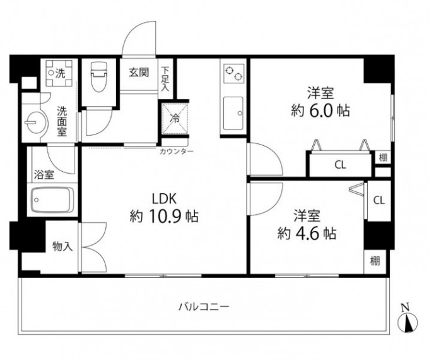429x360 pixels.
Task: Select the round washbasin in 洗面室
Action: [x=32, y=121]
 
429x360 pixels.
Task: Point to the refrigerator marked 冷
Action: [x=175, y=117]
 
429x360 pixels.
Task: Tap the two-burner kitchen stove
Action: [x=233, y=74]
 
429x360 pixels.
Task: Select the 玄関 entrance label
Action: [x=139, y=72]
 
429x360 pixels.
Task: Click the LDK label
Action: [x=162, y=196]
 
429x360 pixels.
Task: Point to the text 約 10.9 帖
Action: [x=164, y=217]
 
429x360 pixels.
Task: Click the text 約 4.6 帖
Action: [x=307, y=232]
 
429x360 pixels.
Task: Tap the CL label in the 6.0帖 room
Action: [x=340, y=165]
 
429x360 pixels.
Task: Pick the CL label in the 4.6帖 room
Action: [x=379, y=200]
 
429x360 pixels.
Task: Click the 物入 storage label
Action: [x=63, y=246]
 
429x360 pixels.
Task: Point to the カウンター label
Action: [x=176, y=152]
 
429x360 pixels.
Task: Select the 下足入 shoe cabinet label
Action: [x=165, y=79]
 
